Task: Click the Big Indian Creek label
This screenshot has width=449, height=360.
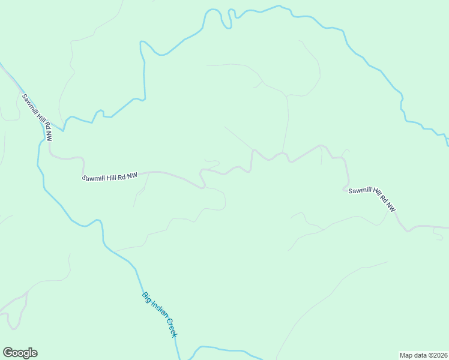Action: [x=160, y=314]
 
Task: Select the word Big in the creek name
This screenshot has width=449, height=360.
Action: [x=146, y=296]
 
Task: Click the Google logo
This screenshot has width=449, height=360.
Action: [x=20, y=353]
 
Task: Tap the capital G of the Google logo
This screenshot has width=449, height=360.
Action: [x=8, y=352]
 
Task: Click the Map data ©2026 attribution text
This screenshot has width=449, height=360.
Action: [x=424, y=355]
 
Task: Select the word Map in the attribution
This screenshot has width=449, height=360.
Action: [x=406, y=355]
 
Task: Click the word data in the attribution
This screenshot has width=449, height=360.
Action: [x=421, y=355]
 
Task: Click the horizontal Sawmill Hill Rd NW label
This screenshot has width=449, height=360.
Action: [x=110, y=177]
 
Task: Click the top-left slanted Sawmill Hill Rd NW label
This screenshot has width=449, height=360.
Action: [x=38, y=118]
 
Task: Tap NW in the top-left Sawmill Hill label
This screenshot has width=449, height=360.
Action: [x=49, y=136]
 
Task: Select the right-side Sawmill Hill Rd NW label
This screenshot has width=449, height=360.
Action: [x=373, y=197]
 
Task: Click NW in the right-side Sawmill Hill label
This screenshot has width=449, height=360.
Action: [x=391, y=207]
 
